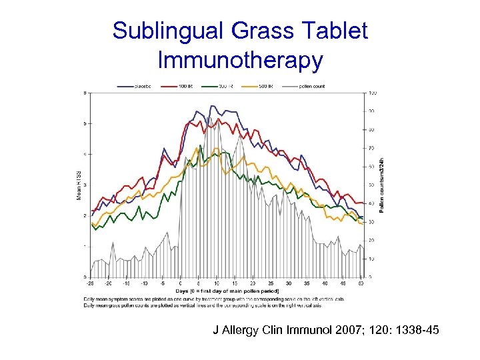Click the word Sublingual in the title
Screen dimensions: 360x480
pos(171,30)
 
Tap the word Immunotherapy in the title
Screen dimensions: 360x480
pos(240,60)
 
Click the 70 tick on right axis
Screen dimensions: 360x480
pos(371,148)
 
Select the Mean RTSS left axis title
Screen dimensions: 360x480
pos(79,185)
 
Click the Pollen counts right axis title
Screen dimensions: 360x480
pos(381,185)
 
